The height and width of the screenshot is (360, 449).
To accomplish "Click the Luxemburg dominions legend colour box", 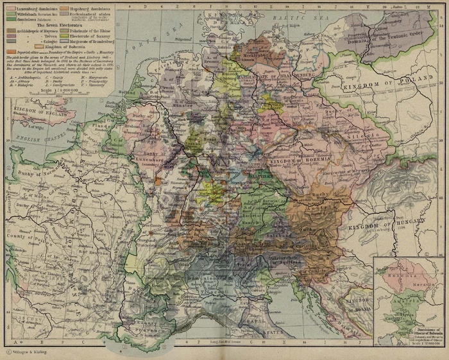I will tap(9, 8).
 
